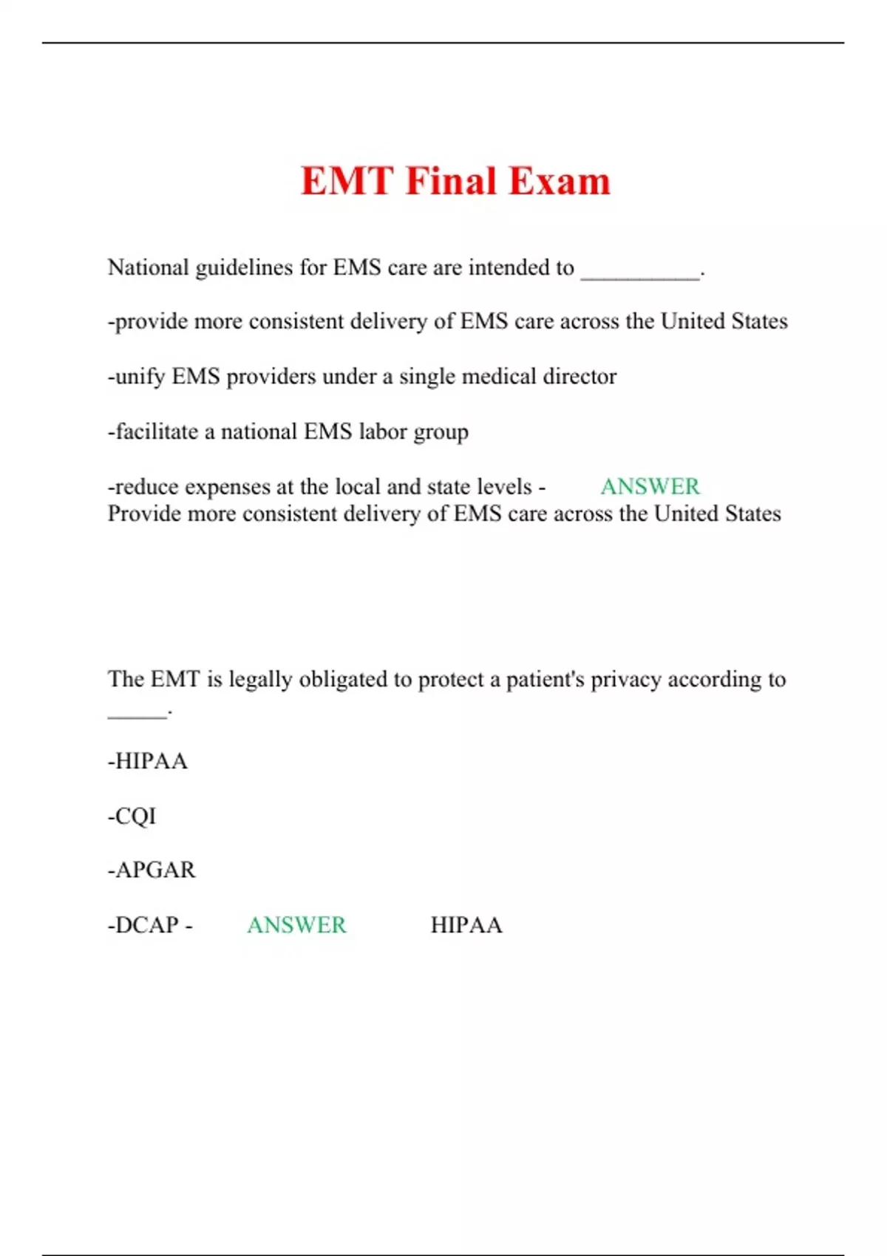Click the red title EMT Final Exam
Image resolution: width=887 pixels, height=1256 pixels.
pyautogui.click(x=455, y=181)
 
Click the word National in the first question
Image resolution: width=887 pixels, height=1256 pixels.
pyautogui.click(x=148, y=267)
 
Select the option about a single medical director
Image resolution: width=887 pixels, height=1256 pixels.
pyautogui.click(x=362, y=377)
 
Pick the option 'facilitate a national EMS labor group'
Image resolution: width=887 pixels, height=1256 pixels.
pyautogui.click(x=288, y=431)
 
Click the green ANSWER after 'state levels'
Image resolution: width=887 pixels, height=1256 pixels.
pyautogui.click(x=650, y=486)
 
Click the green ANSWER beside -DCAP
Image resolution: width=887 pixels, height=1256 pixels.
pyautogui.click(x=296, y=925)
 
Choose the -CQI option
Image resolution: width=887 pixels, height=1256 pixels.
pyautogui.click(x=132, y=816)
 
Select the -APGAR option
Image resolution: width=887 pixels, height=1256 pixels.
pyautogui.click(x=152, y=870)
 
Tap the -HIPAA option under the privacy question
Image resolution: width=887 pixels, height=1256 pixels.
pyautogui.click(x=148, y=762)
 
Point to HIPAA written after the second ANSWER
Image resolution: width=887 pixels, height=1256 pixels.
pyautogui.click(x=466, y=925)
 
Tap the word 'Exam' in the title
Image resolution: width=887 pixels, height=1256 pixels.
pyautogui.click(x=560, y=181)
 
